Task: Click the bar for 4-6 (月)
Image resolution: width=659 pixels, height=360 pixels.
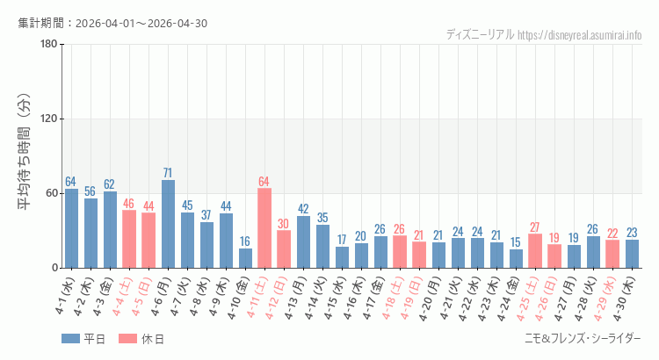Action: point(168,224)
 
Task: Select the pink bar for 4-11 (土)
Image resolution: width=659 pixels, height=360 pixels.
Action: point(264,228)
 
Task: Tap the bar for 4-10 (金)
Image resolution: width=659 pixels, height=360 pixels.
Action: point(245,258)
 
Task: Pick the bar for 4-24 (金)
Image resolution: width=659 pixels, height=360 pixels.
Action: point(516,259)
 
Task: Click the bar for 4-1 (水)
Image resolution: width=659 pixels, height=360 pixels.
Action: point(71,228)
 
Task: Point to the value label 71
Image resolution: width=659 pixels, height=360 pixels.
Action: point(168,173)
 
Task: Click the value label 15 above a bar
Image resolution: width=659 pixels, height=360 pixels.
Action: point(516,242)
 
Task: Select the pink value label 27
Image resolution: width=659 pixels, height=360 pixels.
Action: point(534,227)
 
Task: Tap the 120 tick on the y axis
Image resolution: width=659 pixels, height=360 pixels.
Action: point(49,119)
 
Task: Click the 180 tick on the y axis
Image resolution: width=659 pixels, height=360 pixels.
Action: point(49,44)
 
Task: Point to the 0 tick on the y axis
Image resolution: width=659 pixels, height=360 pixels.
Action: point(55,268)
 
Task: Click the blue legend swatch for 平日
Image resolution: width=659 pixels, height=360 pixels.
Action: point(70,339)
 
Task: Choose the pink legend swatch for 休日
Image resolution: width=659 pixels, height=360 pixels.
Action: point(127,339)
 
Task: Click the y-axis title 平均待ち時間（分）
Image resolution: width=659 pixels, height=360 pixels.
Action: point(25,152)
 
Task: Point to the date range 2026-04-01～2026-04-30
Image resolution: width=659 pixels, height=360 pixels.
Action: point(141,24)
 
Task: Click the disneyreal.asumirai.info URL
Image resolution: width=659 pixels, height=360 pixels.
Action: point(580,35)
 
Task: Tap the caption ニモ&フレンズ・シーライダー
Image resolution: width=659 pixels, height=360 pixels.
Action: point(583,339)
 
